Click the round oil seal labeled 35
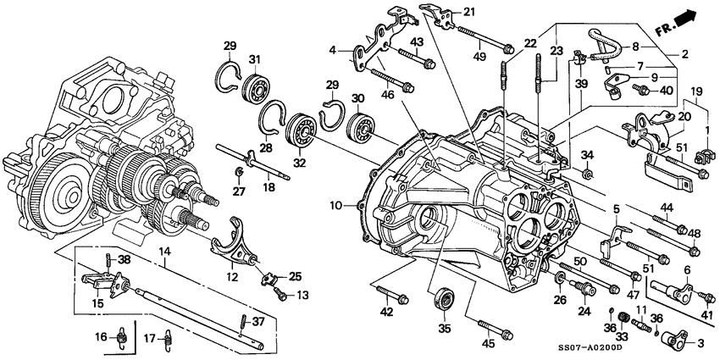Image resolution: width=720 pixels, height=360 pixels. (442, 298)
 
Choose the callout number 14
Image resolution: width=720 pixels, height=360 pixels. (162, 252)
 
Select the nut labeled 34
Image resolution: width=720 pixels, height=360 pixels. (587, 174)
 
